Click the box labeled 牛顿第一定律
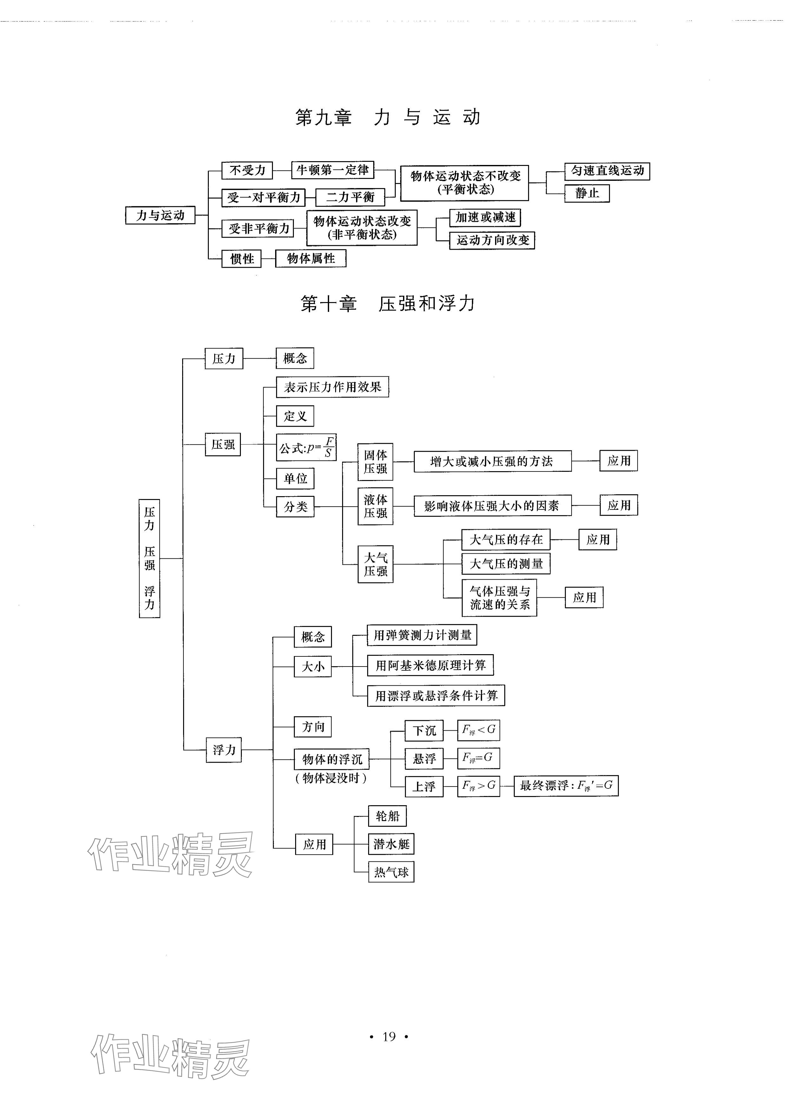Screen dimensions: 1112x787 coord(333,170)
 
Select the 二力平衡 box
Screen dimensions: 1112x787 coord(350,197)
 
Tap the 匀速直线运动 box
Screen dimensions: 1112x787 coord(607,171)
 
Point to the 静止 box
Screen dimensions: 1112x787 coord(587,193)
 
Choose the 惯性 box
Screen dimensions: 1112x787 coord(241,259)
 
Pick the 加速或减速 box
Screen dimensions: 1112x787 coord(485,218)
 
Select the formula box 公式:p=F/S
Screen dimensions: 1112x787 coord(306,447)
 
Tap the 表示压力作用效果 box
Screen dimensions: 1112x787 coord(333,387)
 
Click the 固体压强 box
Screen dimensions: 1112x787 coord(375,462)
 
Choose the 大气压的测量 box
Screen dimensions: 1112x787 coord(506,564)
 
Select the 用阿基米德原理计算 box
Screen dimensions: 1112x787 coord(430,665)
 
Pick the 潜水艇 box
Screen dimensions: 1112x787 coord(391,845)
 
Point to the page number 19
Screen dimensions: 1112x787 coord(389,1036)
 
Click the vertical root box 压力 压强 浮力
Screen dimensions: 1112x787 coord(149,558)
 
